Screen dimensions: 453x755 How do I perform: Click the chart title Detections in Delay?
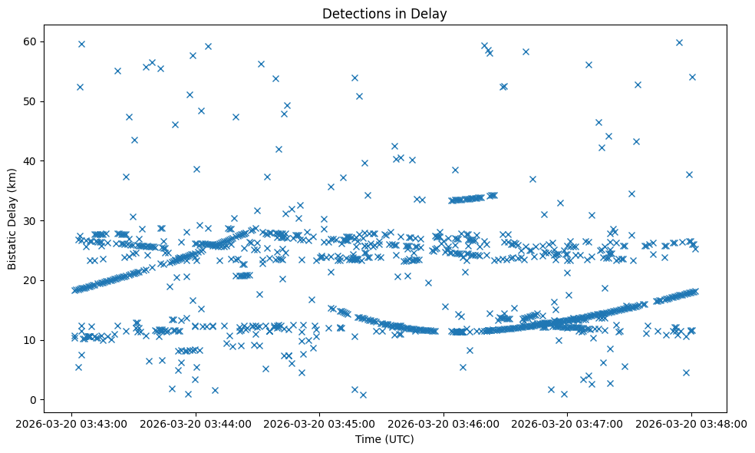click(x=384, y=14)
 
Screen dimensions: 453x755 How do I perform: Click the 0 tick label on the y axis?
click(x=35, y=400)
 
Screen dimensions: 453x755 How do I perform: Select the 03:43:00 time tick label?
click(x=71, y=423)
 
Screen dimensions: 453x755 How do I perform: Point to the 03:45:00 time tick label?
click(x=319, y=423)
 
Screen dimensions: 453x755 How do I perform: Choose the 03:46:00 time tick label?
click(x=443, y=423)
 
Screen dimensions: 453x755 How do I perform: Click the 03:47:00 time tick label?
click(x=567, y=423)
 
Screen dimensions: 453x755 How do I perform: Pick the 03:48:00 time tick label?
click(x=691, y=423)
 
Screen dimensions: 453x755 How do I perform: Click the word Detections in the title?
click(x=352, y=14)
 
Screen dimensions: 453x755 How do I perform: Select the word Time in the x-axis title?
click(x=367, y=439)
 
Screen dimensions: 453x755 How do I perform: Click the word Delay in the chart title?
click(x=432, y=14)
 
